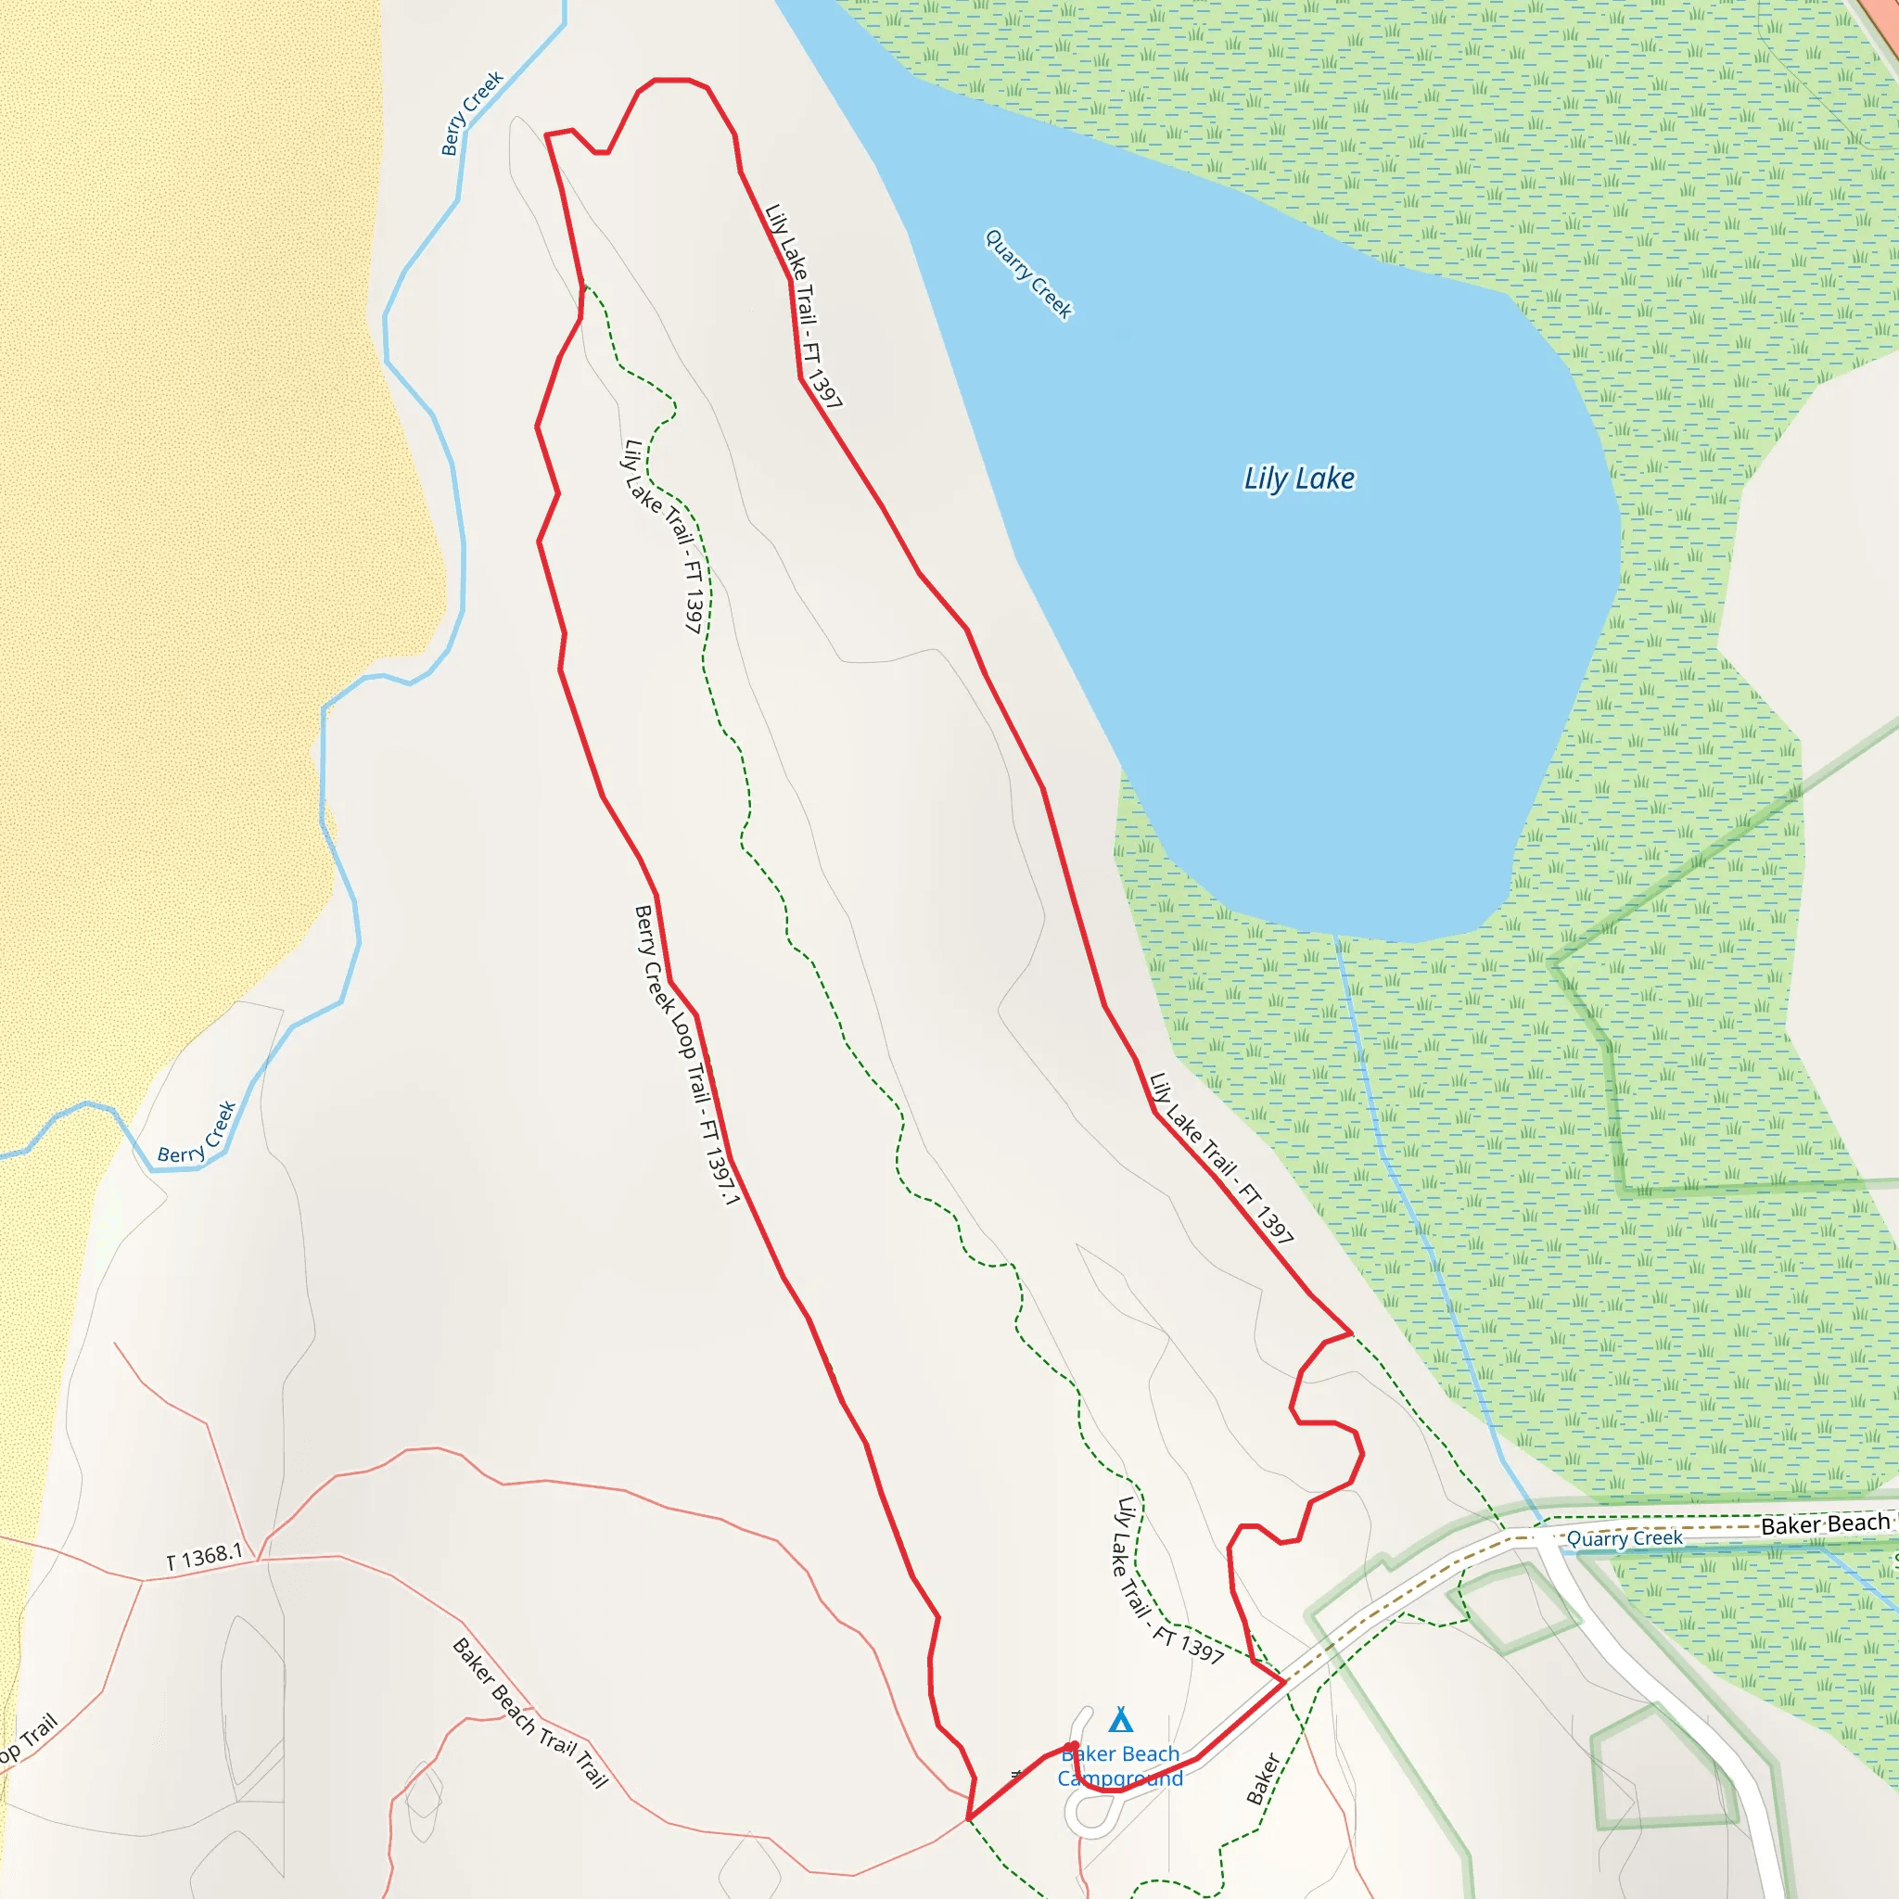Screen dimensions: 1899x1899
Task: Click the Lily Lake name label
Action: click(x=1298, y=478)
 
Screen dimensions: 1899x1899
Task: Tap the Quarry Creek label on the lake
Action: click(x=1028, y=274)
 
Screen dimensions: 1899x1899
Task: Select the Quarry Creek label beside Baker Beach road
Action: click(x=1624, y=1538)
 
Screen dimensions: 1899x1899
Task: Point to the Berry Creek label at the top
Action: click(x=472, y=112)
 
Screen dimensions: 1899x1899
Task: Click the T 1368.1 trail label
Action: click(x=204, y=1557)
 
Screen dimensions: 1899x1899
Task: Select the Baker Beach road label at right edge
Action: click(x=1825, y=1524)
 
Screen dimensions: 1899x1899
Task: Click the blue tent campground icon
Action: click(x=1120, y=1719)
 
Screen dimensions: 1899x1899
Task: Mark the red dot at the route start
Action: click(x=1073, y=1747)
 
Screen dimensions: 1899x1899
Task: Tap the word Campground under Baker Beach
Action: click(x=1119, y=1778)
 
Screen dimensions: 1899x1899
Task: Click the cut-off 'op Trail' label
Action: click(x=29, y=1739)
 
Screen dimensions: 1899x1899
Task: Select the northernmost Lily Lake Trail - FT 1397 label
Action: click(x=803, y=306)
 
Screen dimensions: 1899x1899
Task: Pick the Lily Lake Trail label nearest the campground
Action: click(x=1168, y=1582)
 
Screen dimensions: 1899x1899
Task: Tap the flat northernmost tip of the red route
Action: click(x=671, y=80)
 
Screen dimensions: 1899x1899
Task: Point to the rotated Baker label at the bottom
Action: click(x=1263, y=1779)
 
